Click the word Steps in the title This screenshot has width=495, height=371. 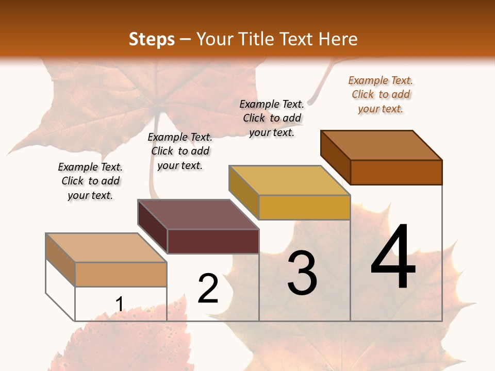pyautogui.click(x=152, y=39)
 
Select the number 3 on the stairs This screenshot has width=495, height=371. pyautogui.click(x=302, y=273)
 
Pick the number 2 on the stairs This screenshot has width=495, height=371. pyautogui.click(x=208, y=289)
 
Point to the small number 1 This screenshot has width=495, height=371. pyautogui.click(x=119, y=304)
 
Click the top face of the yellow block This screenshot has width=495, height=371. pyautogui.click(x=289, y=180)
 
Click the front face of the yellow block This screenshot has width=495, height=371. pyautogui.click(x=304, y=207)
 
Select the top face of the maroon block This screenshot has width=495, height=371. pyautogui.click(x=198, y=214)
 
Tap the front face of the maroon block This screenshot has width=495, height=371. pyautogui.click(x=213, y=241)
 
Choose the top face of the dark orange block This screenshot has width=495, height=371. pyautogui.click(x=382, y=145)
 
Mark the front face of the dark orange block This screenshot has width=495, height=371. pyautogui.click(x=396, y=172)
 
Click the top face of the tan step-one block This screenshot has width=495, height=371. pyautogui.click(x=106, y=248)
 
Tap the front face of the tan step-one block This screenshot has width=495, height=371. pyautogui.click(x=121, y=274)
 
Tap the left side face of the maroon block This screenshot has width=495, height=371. pyautogui.click(x=153, y=227)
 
